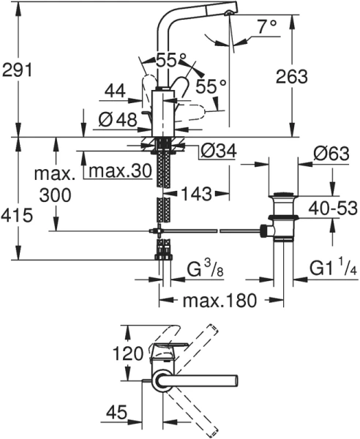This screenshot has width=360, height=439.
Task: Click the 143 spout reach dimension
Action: click(195, 194)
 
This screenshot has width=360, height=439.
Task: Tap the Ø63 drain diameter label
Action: click(330, 156)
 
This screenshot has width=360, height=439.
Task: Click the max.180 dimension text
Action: click(210, 301)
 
